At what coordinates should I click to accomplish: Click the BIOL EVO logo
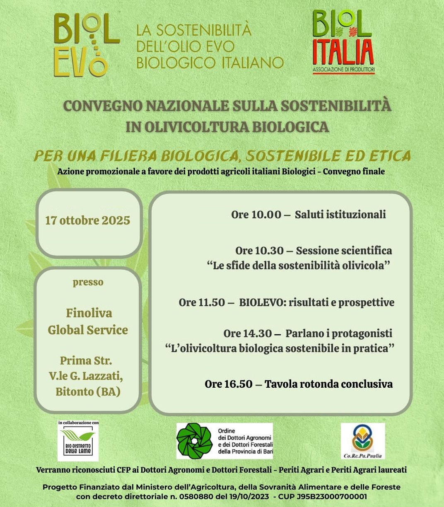pos(86,45)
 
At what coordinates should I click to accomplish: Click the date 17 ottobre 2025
pos(88,220)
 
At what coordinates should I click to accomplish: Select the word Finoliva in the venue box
pos(89,313)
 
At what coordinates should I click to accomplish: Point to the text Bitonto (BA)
pos(88,391)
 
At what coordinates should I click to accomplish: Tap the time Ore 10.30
pos(259,251)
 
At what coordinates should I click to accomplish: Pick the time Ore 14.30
pos(248,333)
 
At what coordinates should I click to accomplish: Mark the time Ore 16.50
pos(228,384)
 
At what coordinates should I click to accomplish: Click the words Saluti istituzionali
pos(340,215)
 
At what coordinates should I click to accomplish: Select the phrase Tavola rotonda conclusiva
pos(329,384)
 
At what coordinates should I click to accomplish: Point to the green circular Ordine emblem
pos(195,441)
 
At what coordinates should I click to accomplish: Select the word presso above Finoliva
pos(88,282)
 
